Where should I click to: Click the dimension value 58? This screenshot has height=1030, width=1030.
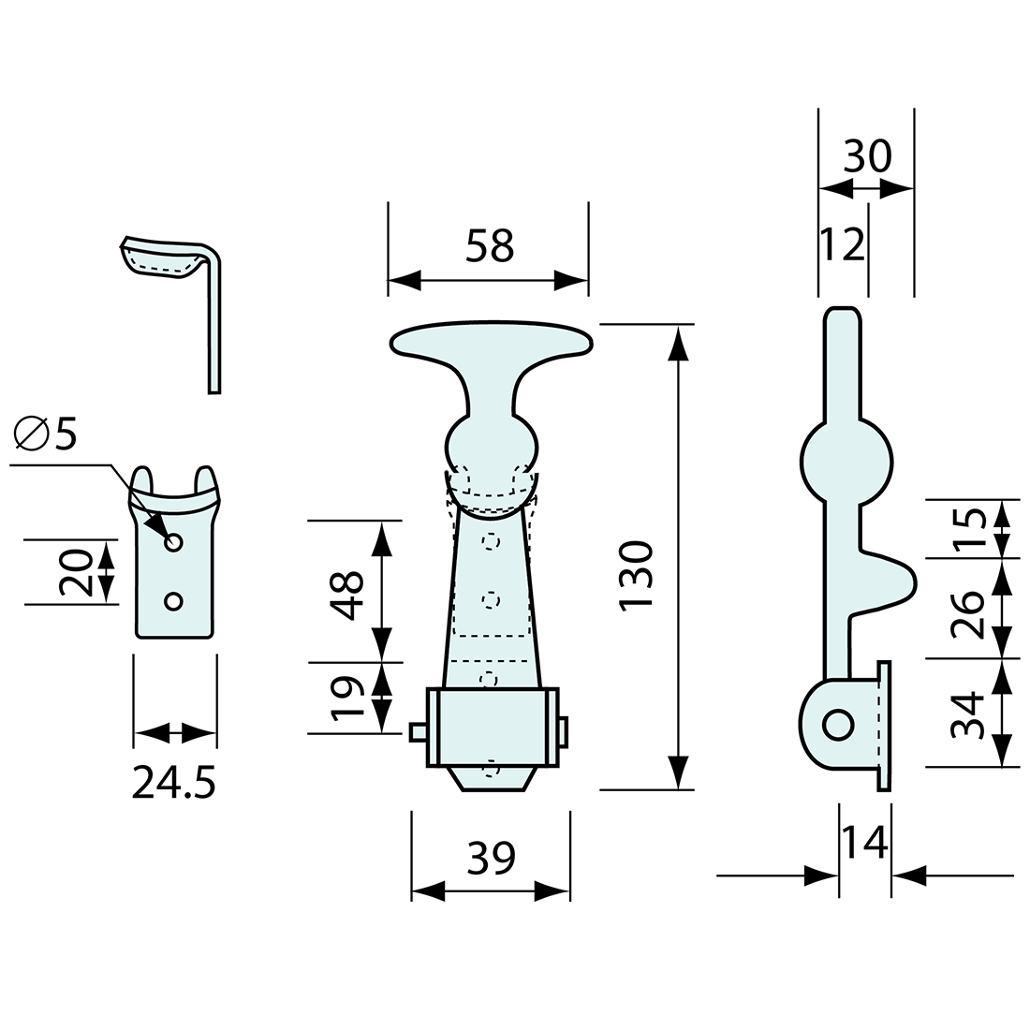490,245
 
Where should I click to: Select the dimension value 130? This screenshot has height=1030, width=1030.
636,576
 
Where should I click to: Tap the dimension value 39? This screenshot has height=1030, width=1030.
491,858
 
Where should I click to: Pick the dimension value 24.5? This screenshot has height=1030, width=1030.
173,783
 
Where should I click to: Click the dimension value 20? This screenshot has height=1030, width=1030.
76,572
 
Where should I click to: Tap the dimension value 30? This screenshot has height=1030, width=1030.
867,156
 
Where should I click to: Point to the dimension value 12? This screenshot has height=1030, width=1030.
843,244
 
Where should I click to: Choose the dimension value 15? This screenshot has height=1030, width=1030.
967,528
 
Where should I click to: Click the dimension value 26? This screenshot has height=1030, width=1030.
967,615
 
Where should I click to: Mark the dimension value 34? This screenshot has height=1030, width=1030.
967,714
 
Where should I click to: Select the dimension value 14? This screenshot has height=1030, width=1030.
864,842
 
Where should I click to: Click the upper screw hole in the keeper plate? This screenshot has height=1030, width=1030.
173,542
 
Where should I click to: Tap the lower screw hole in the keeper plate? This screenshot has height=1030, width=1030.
173,600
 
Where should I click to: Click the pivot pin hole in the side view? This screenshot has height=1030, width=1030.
837,726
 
